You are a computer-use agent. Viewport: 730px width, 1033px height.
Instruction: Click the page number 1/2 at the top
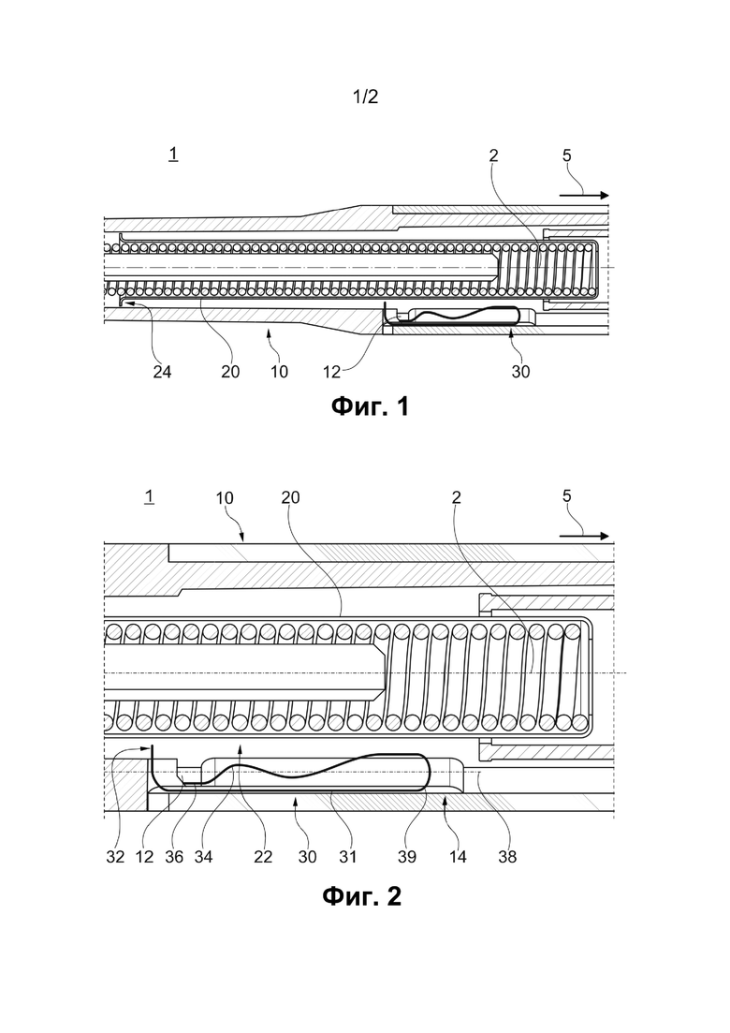(x=365, y=96)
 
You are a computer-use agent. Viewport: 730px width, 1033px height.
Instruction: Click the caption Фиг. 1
(x=370, y=406)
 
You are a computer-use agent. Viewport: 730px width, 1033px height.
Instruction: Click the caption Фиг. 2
(x=361, y=896)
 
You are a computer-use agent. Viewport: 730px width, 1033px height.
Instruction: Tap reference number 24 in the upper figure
(x=162, y=372)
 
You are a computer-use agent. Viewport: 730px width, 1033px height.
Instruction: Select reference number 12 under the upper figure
(x=331, y=372)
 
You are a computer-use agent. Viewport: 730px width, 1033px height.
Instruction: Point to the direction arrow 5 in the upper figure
(x=585, y=195)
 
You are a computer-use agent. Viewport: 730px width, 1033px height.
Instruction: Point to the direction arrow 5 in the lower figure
(x=585, y=537)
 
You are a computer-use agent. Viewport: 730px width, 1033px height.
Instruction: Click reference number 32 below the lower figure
(x=115, y=856)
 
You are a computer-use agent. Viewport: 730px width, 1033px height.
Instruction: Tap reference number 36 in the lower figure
(x=174, y=856)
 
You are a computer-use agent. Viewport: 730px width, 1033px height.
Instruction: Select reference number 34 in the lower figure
(x=203, y=856)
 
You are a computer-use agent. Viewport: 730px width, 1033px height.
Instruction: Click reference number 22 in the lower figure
(x=263, y=856)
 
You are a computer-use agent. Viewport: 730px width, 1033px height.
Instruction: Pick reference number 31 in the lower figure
(x=347, y=856)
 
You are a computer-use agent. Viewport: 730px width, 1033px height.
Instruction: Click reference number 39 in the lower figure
(x=407, y=856)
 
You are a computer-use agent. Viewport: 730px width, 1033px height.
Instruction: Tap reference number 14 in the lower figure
(x=458, y=856)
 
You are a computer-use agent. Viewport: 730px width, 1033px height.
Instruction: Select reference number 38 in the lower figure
(x=507, y=856)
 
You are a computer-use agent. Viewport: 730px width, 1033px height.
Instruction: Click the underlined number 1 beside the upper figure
(x=173, y=155)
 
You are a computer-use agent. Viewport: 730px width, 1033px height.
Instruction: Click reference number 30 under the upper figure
(x=520, y=372)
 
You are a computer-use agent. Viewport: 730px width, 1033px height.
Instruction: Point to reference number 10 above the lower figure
(x=226, y=498)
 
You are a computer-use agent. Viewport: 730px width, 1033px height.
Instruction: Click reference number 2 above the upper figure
(x=494, y=155)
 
